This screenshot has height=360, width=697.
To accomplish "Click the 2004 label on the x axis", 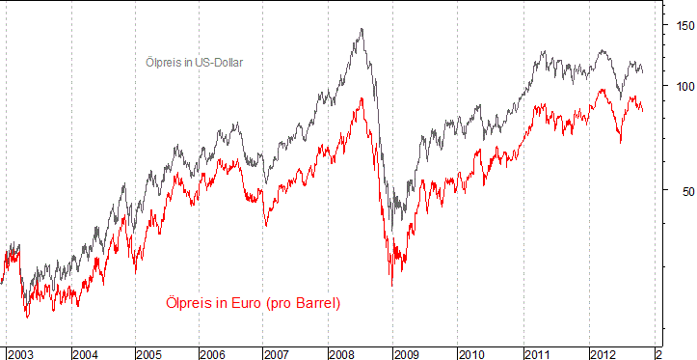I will (x=85, y=354).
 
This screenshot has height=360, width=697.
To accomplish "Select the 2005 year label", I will (x=149, y=354).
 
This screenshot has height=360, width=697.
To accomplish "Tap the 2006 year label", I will (x=213, y=354).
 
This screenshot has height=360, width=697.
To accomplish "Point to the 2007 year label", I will (x=278, y=354).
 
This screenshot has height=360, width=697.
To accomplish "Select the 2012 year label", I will (x=603, y=354).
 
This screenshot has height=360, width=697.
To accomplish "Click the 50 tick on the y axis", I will (x=682, y=190).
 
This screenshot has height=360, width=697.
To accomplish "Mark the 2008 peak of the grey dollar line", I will (x=362, y=29).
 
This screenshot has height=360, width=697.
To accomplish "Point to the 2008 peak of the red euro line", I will (x=361, y=97).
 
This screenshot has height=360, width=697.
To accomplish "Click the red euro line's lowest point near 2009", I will (x=391, y=286).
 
